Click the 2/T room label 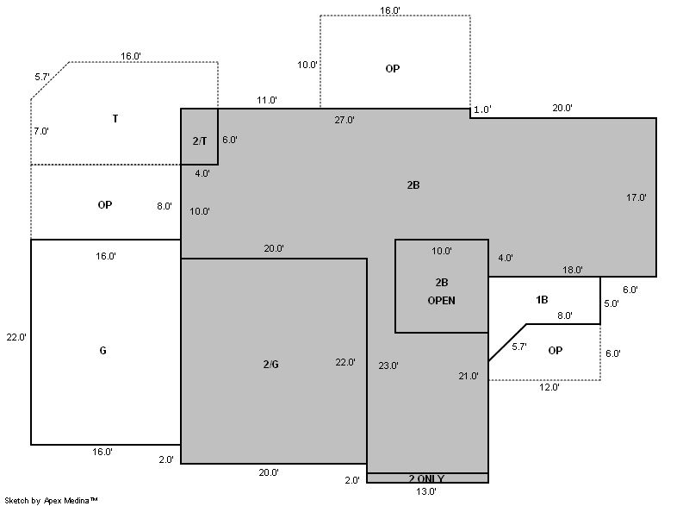click(200, 141)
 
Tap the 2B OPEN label click(441, 291)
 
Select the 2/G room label click(270, 364)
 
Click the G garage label click(102, 350)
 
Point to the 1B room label click(542, 300)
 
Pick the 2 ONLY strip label click(426, 478)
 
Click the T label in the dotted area click(115, 118)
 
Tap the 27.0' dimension click(344, 120)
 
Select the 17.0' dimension click(636, 197)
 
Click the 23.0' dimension click(388, 365)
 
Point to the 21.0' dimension click(469, 376)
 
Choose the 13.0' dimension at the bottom click(426, 491)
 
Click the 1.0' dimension click(482, 109)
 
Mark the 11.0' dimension click(267, 100)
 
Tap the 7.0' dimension click(41, 131)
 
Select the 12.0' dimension click(549, 387)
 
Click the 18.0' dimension click(573, 270)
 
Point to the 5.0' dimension click(611, 303)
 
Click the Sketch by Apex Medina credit click(51, 500)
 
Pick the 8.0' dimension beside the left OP click(164, 206)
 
